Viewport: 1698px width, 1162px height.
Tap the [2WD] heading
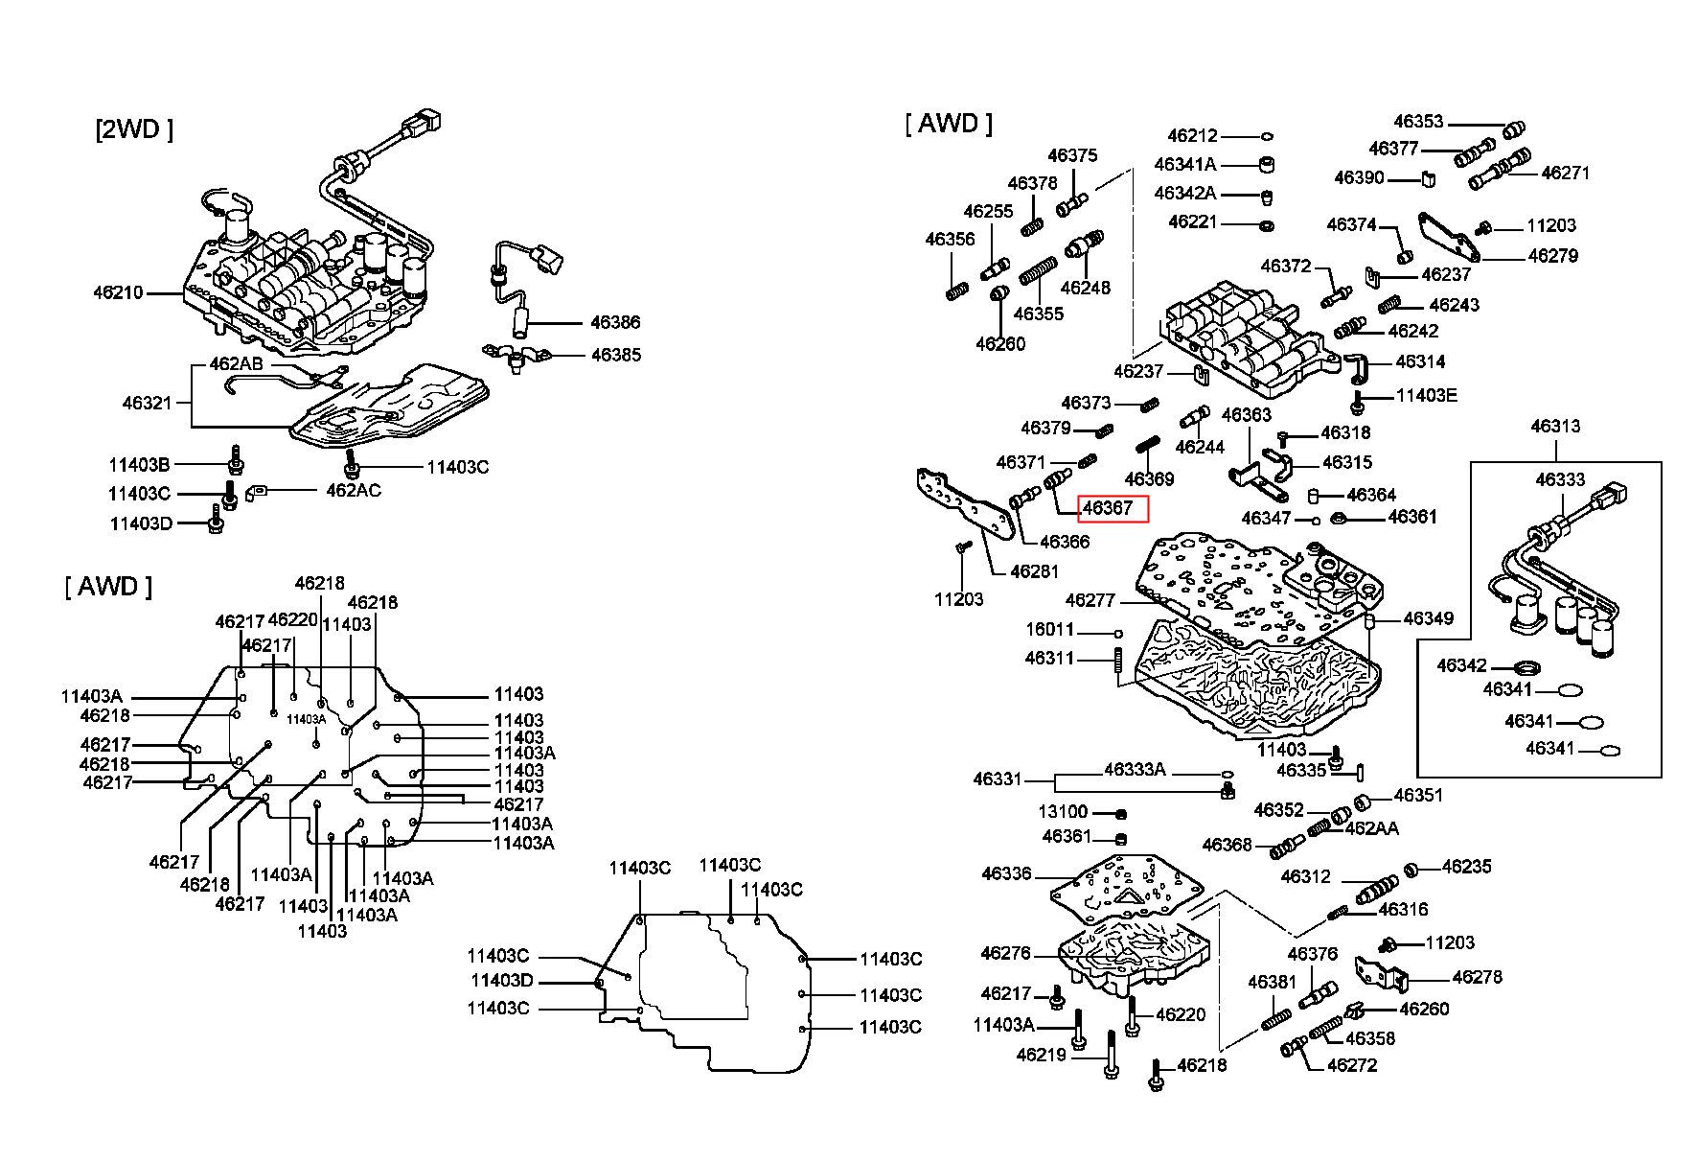(134, 129)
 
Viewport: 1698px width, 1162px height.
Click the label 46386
(615, 323)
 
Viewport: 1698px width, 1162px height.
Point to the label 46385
(615, 355)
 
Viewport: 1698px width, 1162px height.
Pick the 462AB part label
(236, 365)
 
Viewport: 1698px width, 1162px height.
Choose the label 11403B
(139, 465)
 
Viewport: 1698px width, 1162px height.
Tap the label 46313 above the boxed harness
(1554, 426)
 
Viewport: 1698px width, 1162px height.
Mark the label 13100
(1063, 812)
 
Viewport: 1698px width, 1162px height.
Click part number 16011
(1049, 631)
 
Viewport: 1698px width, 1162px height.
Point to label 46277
(1090, 601)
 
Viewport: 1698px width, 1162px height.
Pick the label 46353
(1418, 122)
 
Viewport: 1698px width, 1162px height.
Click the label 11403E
(1426, 395)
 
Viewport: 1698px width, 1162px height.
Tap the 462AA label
(1371, 828)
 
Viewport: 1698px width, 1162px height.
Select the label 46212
(1192, 136)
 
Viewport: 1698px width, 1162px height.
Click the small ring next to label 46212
(1266, 137)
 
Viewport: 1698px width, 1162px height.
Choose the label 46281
(1035, 572)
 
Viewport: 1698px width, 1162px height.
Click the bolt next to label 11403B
(235, 461)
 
